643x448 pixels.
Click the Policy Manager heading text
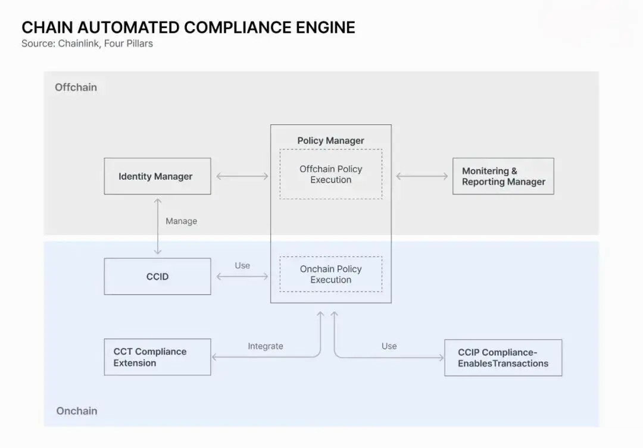(x=331, y=140)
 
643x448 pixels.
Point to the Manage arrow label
(x=181, y=221)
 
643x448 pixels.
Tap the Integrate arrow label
(x=266, y=346)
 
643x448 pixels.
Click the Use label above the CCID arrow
(x=242, y=265)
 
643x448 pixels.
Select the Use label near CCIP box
(x=389, y=346)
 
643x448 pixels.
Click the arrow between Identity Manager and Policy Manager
(x=242, y=176)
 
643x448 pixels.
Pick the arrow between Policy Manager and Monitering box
(x=422, y=176)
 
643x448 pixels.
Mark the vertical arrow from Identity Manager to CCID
(x=157, y=226)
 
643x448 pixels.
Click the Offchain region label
(x=76, y=87)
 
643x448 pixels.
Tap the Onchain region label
(x=77, y=411)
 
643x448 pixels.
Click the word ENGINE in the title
(x=326, y=28)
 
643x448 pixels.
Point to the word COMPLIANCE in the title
(x=238, y=28)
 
